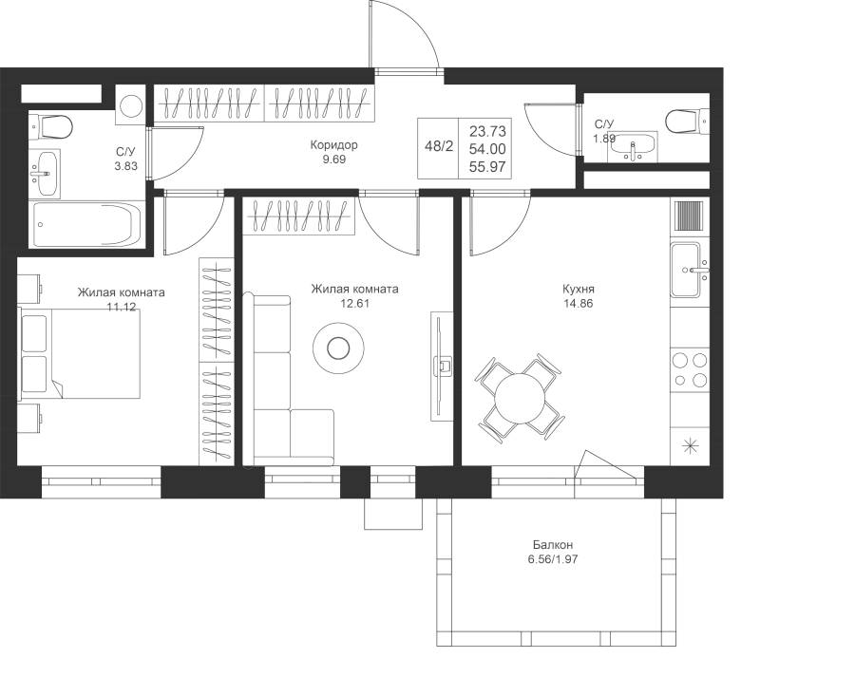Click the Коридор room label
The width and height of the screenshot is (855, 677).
pyautogui.click(x=333, y=145)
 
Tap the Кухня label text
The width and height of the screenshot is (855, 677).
pyautogui.click(x=578, y=289)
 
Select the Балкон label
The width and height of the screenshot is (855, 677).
pyautogui.click(x=553, y=545)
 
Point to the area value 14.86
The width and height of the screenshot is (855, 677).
pyautogui.click(x=578, y=304)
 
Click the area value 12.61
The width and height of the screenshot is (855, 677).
pyautogui.click(x=355, y=304)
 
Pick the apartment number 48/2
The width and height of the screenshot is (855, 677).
pyautogui.click(x=439, y=146)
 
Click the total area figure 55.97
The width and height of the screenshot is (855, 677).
pyautogui.click(x=487, y=167)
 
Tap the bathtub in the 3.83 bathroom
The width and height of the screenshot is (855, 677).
pyautogui.click(x=87, y=225)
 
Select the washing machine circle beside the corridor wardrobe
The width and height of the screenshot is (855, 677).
pyautogui.click(x=131, y=105)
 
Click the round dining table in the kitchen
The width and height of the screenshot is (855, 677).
pyautogui.click(x=520, y=397)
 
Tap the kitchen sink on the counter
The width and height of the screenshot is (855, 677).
pyautogui.click(x=690, y=270)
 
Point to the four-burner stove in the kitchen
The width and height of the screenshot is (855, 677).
pyautogui.click(x=690, y=369)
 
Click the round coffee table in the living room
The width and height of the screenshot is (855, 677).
pyautogui.click(x=338, y=348)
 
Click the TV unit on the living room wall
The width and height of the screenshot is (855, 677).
pyautogui.click(x=442, y=366)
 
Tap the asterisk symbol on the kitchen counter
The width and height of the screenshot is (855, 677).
pyautogui.click(x=690, y=446)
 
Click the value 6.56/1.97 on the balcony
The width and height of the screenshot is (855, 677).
pyautogui.click(x=553, y=559)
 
